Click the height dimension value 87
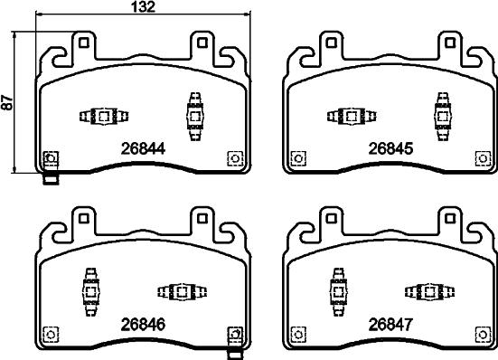click(x=8, y=103)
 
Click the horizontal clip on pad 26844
click(x=101, y=117)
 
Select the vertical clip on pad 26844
click(x=193, y=116)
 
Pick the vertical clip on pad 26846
click(x=90, y=291)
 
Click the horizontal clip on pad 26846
click(x=182, y=291)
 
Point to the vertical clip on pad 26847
click(x=335, y=291)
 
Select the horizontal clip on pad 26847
click(x=428, y=291)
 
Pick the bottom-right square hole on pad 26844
click(x=234, y=157)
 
